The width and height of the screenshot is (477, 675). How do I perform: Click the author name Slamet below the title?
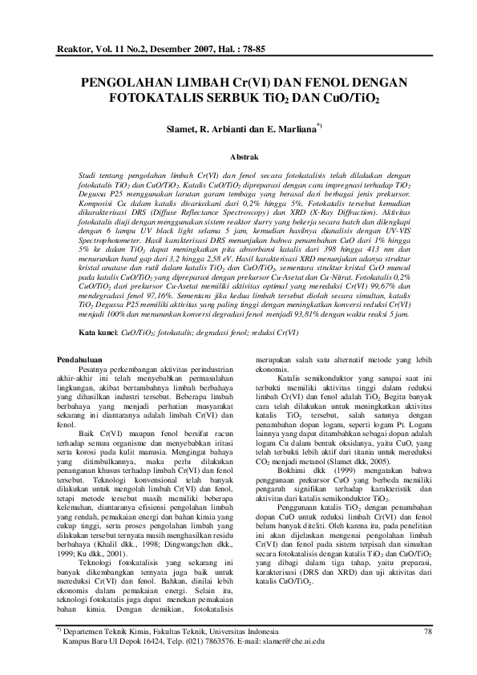coord(177,127)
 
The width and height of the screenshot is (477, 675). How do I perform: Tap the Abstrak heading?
coord(243,158)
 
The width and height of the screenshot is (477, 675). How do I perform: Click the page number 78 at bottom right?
coord(426,631)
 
